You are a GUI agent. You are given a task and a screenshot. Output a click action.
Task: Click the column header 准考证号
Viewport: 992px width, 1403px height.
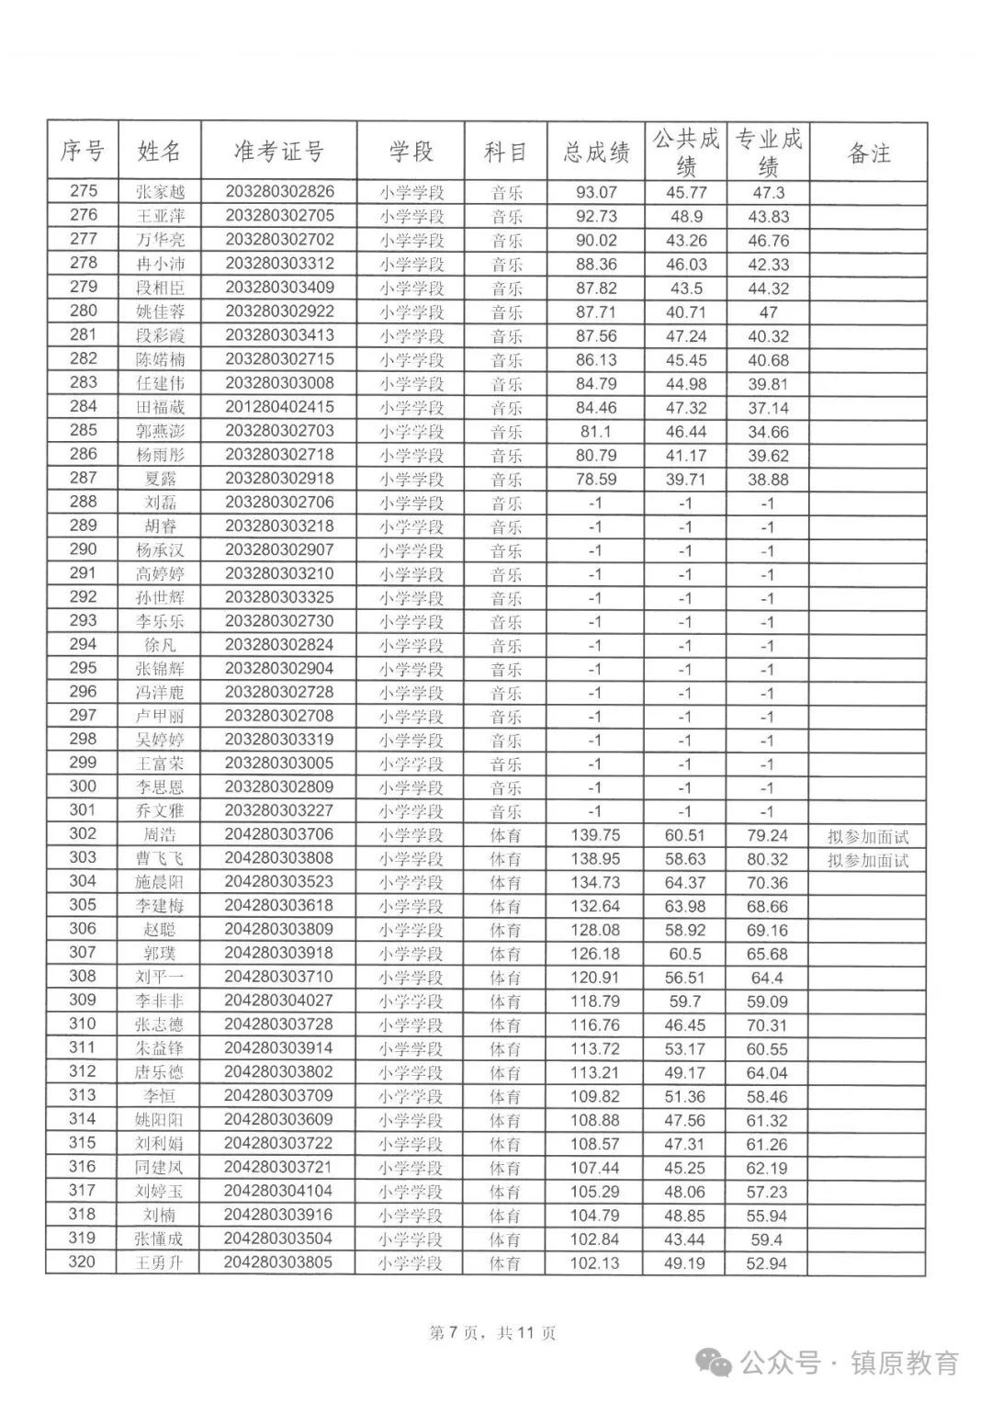(x=279, y=153)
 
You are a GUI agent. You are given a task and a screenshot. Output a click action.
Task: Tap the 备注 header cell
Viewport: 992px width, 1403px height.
(x=868, y=153)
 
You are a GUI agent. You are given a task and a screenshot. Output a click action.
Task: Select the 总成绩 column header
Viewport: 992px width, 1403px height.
(x=596, y=153)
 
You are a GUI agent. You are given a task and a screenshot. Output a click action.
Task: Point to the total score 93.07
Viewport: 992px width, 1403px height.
(x=596, y=193)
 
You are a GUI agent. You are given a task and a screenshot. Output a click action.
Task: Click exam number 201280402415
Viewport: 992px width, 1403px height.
(x=279, y=407)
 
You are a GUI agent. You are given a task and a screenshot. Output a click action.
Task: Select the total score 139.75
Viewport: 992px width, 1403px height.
(x=596, y=835)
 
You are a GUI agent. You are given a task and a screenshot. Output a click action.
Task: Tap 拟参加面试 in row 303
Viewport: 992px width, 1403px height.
(x=868, y=860)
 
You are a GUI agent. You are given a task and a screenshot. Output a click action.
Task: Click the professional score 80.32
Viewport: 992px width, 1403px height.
(x=767, y=859)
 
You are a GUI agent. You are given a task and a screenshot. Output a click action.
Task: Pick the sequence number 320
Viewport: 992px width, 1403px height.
(x=83, y=1262)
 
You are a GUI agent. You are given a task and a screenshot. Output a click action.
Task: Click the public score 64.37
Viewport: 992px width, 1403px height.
(x=684, y=883)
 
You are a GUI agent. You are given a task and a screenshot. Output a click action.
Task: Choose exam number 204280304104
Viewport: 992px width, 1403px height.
(x=279, y=1191)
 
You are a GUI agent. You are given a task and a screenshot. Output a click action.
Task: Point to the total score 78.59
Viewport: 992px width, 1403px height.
(x=596, y=479)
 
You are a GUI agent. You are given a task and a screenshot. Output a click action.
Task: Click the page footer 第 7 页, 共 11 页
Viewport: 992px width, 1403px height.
(x=493, y=1333)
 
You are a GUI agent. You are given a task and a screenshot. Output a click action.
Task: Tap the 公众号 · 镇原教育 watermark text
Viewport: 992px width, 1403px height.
(x=850, y=1363)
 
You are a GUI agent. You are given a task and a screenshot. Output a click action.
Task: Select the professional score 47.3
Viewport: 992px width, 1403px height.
(x=767, y=193)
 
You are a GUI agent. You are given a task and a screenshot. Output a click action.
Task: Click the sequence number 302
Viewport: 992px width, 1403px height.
(x=83, y=834)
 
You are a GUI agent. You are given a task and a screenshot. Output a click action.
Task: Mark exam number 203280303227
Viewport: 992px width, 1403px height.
(x=279, y=810)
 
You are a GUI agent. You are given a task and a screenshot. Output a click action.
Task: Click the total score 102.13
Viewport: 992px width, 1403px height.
(x=595, y=1263)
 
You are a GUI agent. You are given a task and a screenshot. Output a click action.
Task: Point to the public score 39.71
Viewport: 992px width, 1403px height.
(x=684, y=479)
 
